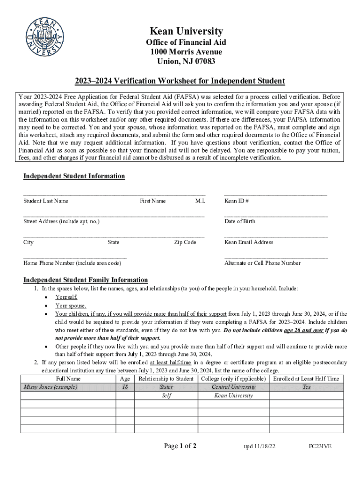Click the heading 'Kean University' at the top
[x=186, y=31]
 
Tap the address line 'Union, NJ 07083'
[x=186, y=61]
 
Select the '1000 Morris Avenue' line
[x=186, y=51]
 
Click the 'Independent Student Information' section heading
[x=74, y=176]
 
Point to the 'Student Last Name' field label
[x=46, y=201]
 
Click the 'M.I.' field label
[x=200, y=201]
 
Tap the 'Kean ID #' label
[x=237, y=201]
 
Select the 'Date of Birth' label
[x=240, y=221]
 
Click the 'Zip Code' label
[x=185, y=242]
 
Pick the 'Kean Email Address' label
[x=249, y=242]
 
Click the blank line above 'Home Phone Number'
[x=75, y=257]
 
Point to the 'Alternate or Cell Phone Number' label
[x=262, y=263]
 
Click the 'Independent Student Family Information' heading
[x=86, y=280]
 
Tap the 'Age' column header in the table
[x=125, y=378]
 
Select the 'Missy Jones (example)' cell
[x=50, y=387]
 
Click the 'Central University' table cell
[x=233, y=387]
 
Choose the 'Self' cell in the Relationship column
[x=166, y=395]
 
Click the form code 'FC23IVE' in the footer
[x=320, y=446]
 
